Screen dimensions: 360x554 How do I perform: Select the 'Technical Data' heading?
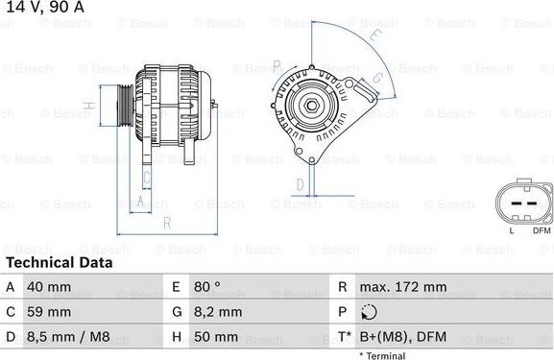(59, 262)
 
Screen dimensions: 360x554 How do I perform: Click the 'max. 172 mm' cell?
(402, 287)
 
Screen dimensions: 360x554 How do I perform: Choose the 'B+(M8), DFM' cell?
(402, 337)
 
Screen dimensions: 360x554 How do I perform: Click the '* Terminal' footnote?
(382, 355)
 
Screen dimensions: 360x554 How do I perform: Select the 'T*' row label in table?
(343, 337)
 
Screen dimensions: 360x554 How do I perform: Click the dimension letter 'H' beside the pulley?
(88, 105)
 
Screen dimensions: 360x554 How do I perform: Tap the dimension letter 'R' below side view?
(166, 223)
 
